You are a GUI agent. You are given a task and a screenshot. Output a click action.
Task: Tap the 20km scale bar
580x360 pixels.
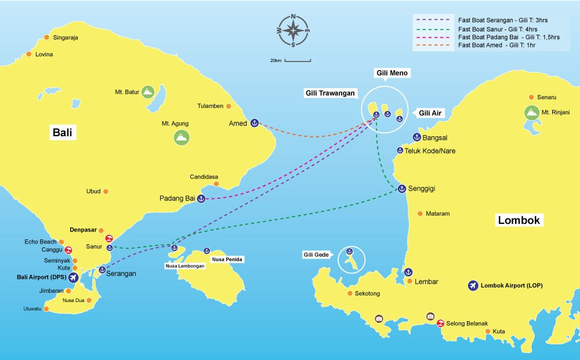[298, 60]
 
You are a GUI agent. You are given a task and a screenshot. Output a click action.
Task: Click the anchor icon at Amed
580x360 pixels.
[254, 123]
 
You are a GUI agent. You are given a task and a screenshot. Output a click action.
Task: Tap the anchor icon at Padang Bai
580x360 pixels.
[201, 199]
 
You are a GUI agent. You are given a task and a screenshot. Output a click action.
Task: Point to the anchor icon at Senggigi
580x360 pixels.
[401, 189]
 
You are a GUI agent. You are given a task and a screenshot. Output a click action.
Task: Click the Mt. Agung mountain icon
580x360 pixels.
[182, 137]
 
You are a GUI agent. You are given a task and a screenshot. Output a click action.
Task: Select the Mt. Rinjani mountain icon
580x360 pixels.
[531, 112]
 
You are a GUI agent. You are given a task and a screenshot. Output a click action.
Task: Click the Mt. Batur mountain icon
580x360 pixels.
[148, 92]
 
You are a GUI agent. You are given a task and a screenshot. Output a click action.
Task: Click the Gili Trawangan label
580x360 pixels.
[331, 93]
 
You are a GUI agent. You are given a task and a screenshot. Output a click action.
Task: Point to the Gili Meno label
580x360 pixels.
[392, 73]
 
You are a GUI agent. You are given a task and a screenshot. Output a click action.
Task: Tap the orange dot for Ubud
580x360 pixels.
[106, 191]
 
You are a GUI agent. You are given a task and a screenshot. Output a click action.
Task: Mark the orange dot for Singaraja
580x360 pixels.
[47, 38]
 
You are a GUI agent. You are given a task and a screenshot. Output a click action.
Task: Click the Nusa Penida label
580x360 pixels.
[227, 259]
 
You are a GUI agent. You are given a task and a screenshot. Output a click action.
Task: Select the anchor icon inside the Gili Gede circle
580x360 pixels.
[349, 252]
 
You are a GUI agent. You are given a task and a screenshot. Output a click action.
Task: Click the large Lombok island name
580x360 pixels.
[519, 220]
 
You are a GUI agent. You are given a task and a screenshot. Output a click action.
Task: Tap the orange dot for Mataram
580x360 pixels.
[420, 213]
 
